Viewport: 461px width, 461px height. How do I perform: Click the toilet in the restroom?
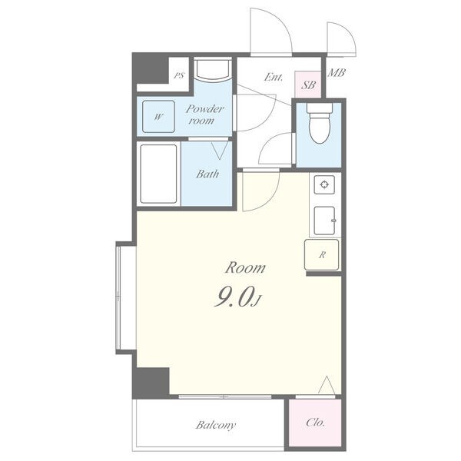tap(320, 123)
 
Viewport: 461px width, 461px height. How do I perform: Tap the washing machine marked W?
tap(158, 117)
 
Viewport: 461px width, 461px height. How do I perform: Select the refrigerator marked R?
tap(322, 254)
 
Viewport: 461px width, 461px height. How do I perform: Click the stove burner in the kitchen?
tap(324, 184)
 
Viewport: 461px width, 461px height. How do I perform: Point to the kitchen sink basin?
tap(324, 221)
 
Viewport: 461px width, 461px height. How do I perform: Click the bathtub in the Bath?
tap(158, 174)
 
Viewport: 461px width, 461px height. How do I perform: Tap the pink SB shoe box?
tap(308, 85)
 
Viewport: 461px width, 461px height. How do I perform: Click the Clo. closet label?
tap(315, 423)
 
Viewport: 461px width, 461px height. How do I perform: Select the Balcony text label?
tap(216, 425)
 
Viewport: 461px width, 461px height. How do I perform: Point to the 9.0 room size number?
tap(234, 297)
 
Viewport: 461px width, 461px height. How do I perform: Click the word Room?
tap(245, 267)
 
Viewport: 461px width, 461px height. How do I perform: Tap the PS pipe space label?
tap(179, 75)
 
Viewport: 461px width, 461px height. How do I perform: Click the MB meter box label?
tap(337, 72)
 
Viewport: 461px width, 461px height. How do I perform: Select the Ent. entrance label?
tap(273, 78)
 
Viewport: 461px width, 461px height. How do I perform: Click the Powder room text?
tap(204, 114)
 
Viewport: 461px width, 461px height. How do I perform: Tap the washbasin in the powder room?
tap(213, 70)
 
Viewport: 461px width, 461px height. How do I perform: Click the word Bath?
tap(207, 174)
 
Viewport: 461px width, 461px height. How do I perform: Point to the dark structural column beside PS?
tap(151, 69)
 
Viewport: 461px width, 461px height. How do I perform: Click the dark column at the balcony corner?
tap(151, 383)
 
